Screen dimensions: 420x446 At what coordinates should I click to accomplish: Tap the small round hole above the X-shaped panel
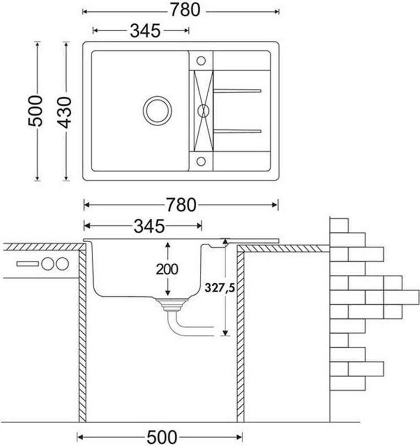[x=201, y=60]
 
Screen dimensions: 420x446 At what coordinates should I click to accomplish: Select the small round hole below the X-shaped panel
[x=201, y=161]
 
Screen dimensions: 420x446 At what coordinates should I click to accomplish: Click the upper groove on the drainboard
[x=237, y=91]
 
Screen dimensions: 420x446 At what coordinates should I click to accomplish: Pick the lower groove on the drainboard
[x=237, y=131]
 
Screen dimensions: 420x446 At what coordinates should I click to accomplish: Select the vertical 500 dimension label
[x=36, y=111]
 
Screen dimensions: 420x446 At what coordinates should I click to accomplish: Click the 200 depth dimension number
[x=167, y=270]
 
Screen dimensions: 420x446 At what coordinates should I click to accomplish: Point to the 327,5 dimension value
[x=217, y=288]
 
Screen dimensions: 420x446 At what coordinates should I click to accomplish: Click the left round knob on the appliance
[x=47, y=264]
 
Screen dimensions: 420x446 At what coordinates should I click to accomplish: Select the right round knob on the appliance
[x=61, y=264]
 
